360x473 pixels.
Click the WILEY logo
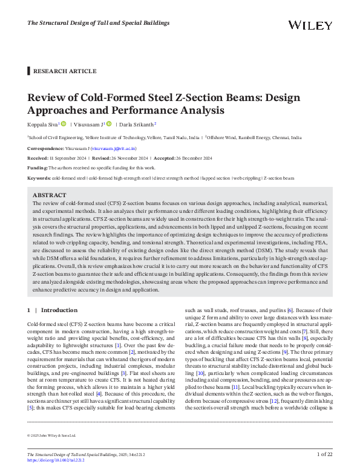click(310, 25)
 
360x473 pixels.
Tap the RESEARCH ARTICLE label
click(65, 71)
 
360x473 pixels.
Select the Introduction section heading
click(59, 310)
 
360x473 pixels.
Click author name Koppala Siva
click(42, 125)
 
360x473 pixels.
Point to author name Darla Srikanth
click(139, 125)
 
